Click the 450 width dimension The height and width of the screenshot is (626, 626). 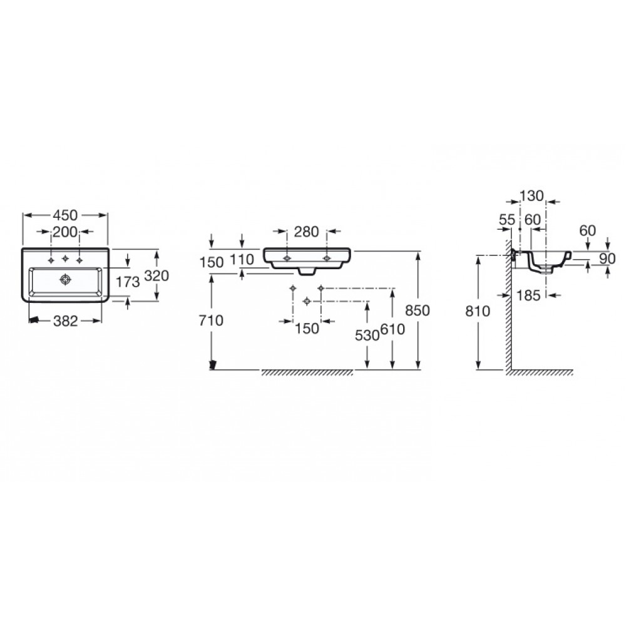pyautogui.click(x=65, y=215)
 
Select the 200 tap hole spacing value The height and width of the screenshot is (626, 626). pyautogui.click(x=65, y=232)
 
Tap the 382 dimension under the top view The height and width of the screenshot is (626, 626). pyautogui.click(x=66, y=321)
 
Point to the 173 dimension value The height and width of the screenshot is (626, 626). pyautogui.click(x=128, y=282)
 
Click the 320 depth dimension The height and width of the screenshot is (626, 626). pyautogui.click(x=156, y=275)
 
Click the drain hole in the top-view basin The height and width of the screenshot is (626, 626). pyautogui.click(x=65, y=279)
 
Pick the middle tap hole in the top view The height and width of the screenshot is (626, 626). pyautogui.click(x=65, y=260)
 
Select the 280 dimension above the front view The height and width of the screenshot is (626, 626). pyautogui.click(x=307, y=232)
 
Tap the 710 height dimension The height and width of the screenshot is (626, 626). pyautogui.click(x=211, y=320)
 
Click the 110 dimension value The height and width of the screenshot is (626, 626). pyautogui.click(x=242, y=260)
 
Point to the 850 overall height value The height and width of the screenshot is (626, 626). pyautogui.click(x=417, y=310)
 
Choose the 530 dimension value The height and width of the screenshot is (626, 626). pyautogui.click(x=367, y=336)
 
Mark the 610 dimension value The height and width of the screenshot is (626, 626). pyautogui.click(x=393, y=329)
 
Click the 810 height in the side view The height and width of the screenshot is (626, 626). pyautogui.click(x=478, y=310)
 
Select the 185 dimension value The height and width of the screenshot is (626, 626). pyautogui.click(x=528, y=295)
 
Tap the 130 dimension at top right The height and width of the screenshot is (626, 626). pyautogui.click(x=531, y=195)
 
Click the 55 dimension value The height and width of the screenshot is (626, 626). pyautogui.click(x=507, y=219)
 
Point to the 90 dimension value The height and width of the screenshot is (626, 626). pyautogui.click(x=608, y=259)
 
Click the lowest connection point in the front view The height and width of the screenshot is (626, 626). pyautogui.click(x=307, y=301)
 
